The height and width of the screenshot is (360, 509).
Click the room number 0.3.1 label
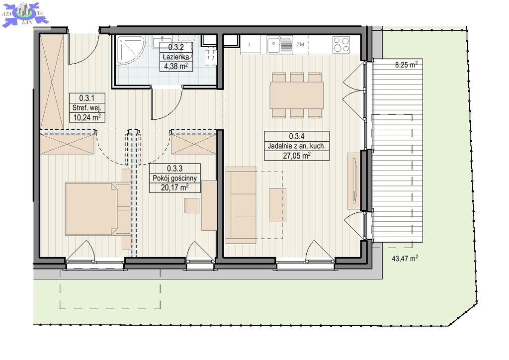pyautogui.click(x=86, y=98)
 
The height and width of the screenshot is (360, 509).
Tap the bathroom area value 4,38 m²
pyautogui.click(x=175, y=66)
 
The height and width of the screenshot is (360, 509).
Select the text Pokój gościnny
pyautogui.click(x=174, y=178)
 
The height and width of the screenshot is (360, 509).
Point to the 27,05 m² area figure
pyautogui.click(x=297, y=156)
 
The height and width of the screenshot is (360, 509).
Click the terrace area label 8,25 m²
pyautogui.click(x=406, y=64)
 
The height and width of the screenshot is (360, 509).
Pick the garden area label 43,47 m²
pyautogui.click(x=405, y=259)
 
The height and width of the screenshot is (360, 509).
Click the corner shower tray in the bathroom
pyautogui.click(x=131, y=50)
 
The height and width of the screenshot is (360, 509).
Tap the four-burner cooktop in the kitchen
pyautogui.click(x=341, y=45)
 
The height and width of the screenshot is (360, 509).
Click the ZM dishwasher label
pyautogui.click(x=300, y=44)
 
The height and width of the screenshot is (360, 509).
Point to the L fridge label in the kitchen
pyautogui.click(x=250, y=45)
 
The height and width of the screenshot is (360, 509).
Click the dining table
pyautogui.click(x=297, y=95)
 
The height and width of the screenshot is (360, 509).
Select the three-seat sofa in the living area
pyautogui.click(x=241, y=205)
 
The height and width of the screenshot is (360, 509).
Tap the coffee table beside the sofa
pyautogui.click(x=277, y=205)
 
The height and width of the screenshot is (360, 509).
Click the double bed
pyautogui.click(x=98, y=209)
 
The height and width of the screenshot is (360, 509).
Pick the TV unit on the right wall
pyautogui.click(x=353, y=181)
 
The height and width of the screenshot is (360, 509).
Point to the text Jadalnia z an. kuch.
pyautogui.click(x=297, y=146)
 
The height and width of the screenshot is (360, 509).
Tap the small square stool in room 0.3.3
pyautogui.click(x=192, y=205)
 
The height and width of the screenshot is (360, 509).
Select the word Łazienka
pyautogui.click(x=175, y=57)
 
